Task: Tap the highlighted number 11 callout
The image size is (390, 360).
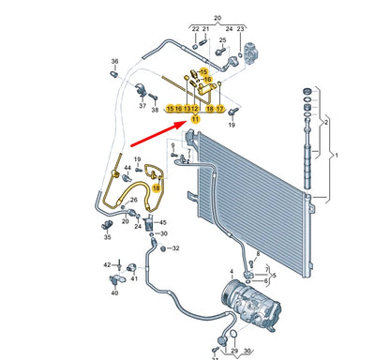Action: pyautogui.click(x=195, y=120)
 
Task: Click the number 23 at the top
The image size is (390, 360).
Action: pyautogui.click(x=241, y=30)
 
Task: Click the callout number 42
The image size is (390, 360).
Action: pyautogui.click(x=107, y=265)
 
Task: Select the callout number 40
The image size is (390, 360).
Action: pyautogui.click(x=114, y=292)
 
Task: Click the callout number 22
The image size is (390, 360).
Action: pyautogui.click(x=197, y=30)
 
